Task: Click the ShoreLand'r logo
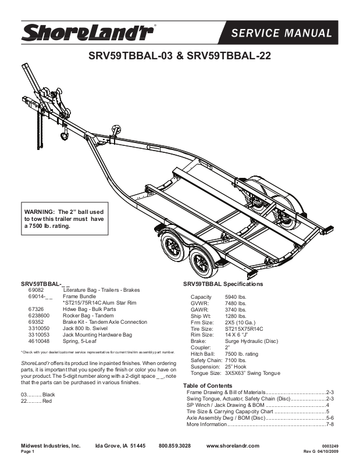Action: (87, 33)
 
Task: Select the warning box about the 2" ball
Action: (65, 219)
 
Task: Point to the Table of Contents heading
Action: (208, 386)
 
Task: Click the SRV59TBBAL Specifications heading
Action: (223, 284)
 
